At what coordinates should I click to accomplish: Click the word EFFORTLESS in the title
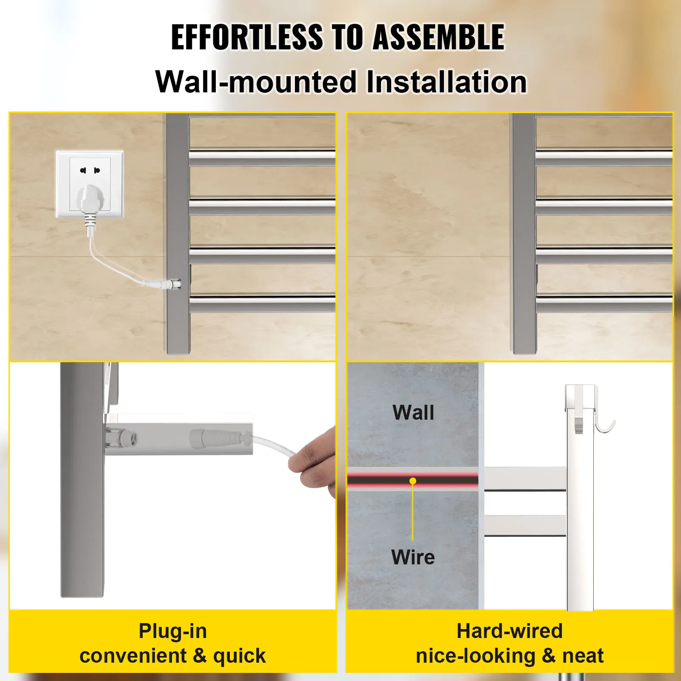click(x=247, y=37)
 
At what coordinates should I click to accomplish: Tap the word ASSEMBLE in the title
click(x=439, y=37)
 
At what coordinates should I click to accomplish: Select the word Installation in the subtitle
click(x=446, y=82)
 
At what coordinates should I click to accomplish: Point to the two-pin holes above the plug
click(x=90, y=170)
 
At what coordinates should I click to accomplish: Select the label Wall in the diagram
click(x=413, y=412)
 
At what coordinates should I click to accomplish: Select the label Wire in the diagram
click(x=413, y=557)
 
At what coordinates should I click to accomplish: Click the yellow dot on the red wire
click(x=413, y=481)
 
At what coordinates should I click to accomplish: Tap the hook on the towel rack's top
click(x=605, y=426)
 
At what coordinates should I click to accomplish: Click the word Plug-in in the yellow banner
click(x=173, y=631)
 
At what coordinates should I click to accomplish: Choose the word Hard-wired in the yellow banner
click(x=509, y=631)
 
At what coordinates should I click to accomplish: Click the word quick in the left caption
click(x=239, y=656)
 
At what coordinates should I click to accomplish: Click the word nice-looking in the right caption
click(x=475, y=656)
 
